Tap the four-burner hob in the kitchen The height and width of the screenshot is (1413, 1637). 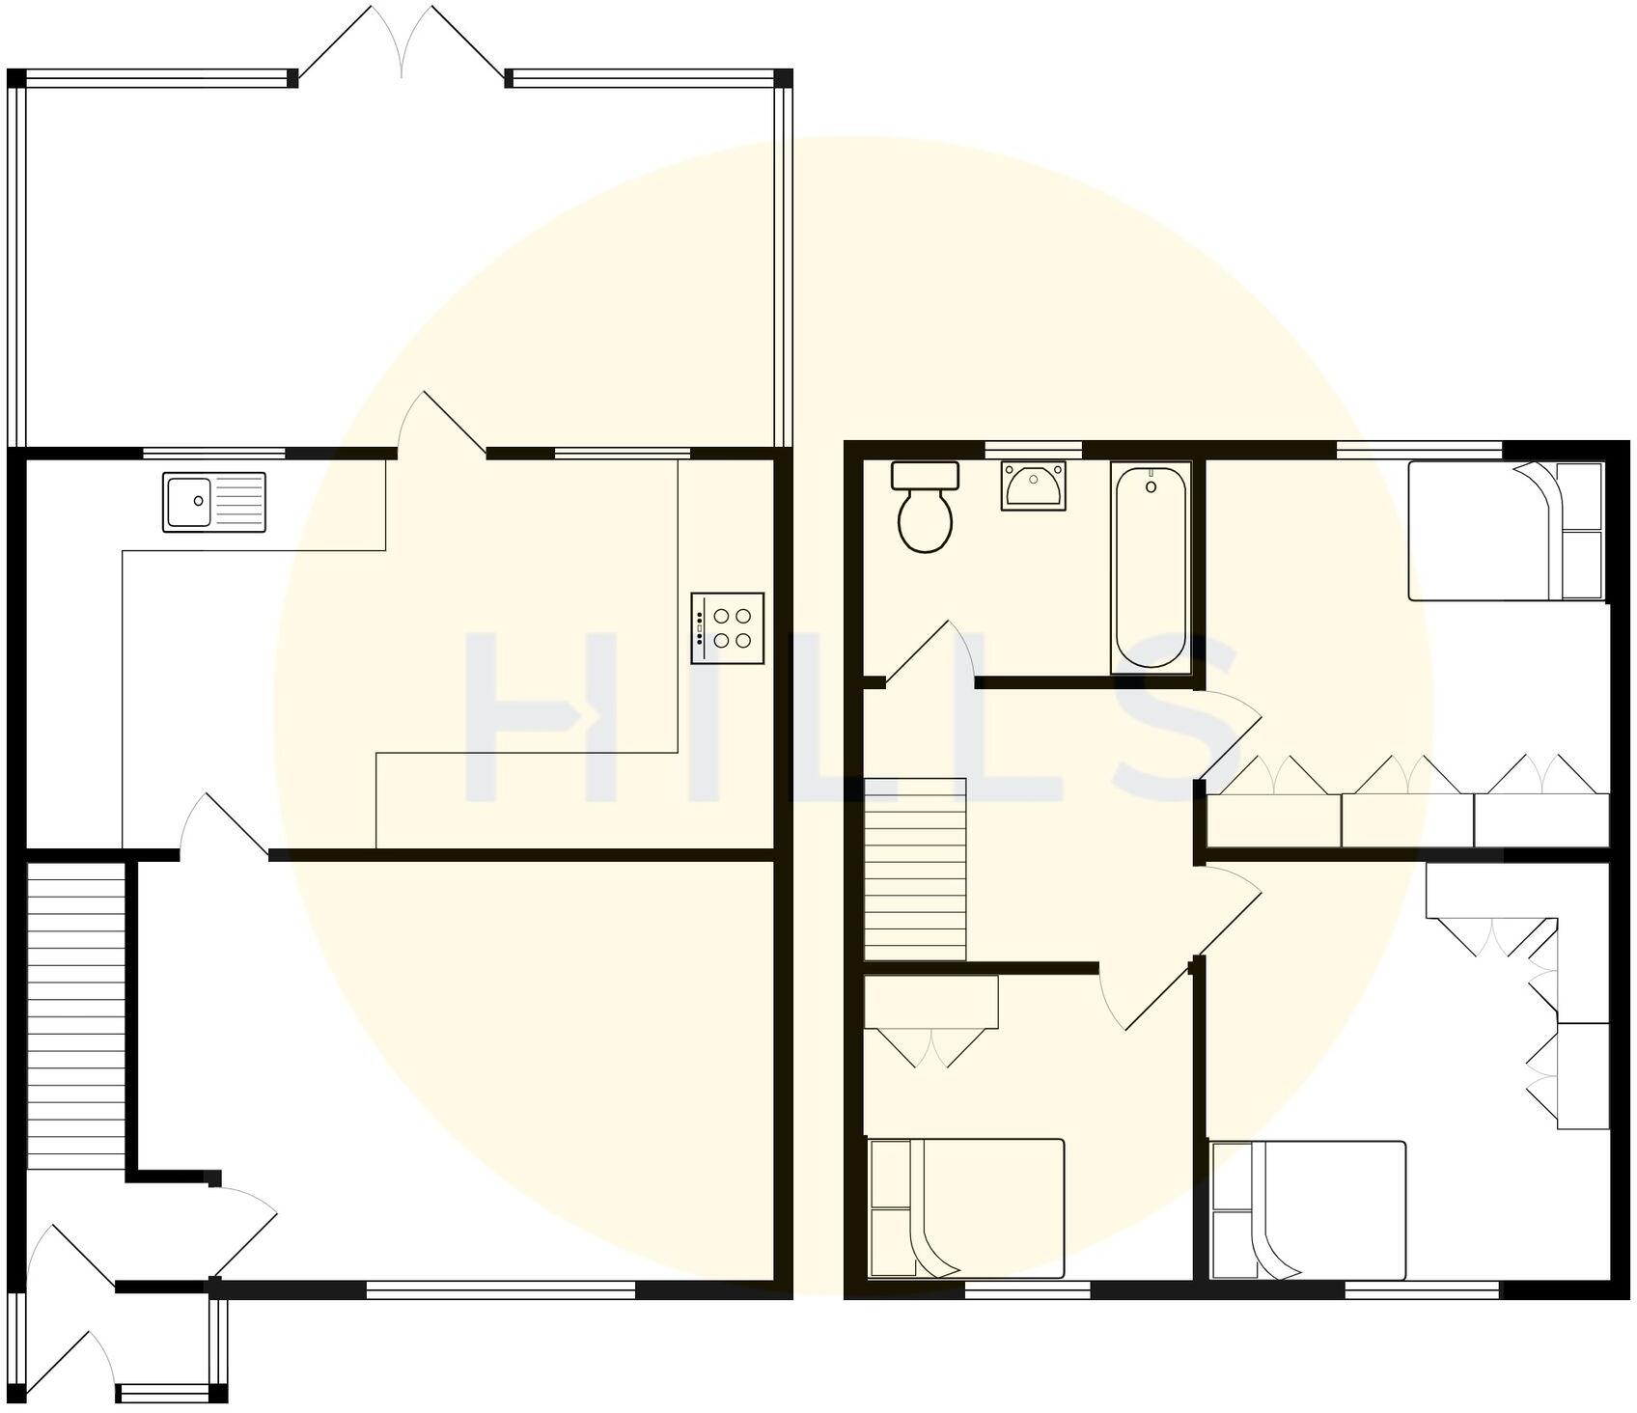728,627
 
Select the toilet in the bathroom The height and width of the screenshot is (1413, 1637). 926,511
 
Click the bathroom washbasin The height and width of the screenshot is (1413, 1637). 1033,485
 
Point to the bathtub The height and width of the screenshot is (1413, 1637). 1151,568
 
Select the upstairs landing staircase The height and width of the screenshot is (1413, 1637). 914,870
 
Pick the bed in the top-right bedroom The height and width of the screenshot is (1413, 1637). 1505,532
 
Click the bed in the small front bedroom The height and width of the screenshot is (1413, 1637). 966,1208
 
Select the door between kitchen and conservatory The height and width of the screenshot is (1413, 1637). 439,426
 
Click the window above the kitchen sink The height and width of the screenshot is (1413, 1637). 214,453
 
